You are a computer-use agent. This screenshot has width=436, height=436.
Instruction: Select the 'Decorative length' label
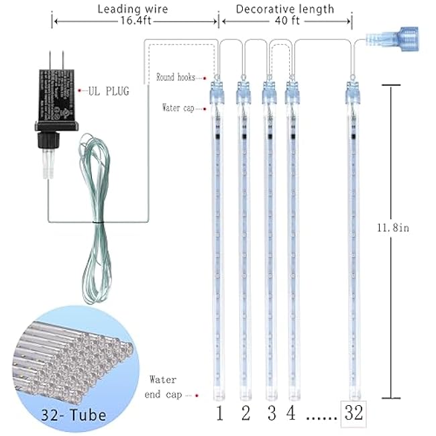click(285, 9)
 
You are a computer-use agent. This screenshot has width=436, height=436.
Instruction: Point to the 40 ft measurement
click(285, 21)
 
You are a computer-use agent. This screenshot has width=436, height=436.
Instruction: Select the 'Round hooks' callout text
click(176, 77)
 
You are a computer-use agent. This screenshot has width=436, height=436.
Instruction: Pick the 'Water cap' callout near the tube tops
click(178, 107)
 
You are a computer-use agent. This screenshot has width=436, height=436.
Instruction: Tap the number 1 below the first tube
click(219, 413)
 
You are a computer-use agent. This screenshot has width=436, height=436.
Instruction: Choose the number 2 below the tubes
click(246, 413)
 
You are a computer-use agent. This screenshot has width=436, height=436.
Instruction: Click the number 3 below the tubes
click(270, 413)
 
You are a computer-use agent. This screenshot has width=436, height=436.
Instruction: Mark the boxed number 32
click(353, 413)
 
